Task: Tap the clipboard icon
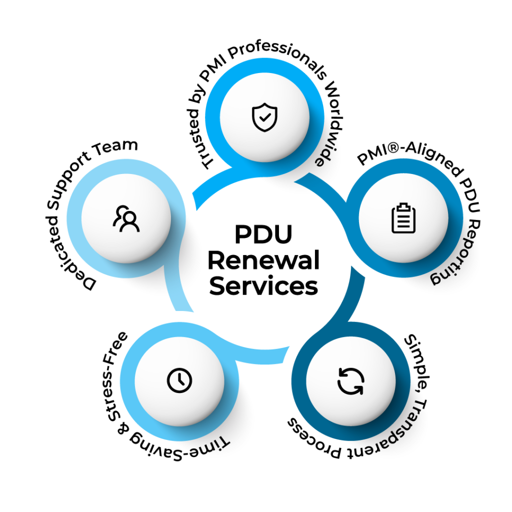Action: click(x=403, y=218)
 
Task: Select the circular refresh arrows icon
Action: click(x=347, y=380)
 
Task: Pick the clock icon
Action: click(x=179, y=380)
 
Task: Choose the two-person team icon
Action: click(x=126, y=218)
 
